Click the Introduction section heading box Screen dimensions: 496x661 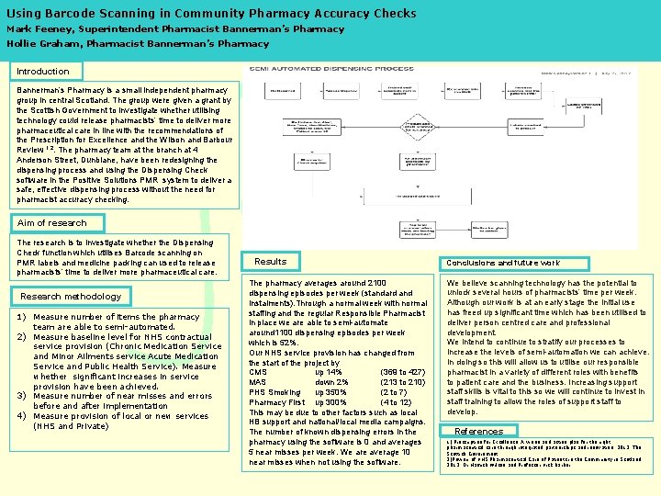click(46, 71)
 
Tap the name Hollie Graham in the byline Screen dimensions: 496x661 click(40, 43)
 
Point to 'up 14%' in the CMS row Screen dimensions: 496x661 click(330, 372)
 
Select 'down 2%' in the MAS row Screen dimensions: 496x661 click(332, 382)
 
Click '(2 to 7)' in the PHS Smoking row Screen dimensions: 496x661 click(394, 392)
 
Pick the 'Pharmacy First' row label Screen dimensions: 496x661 click(276, 402)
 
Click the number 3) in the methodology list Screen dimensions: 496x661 click(22, 396)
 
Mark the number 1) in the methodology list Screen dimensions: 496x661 click(22, 317)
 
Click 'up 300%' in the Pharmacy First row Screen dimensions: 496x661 click(332, 402)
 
